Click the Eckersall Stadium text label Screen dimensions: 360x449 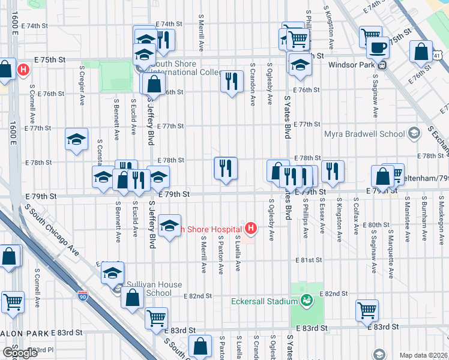tap(265, 301)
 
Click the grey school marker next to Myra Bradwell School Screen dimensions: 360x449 tap(413, 133)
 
